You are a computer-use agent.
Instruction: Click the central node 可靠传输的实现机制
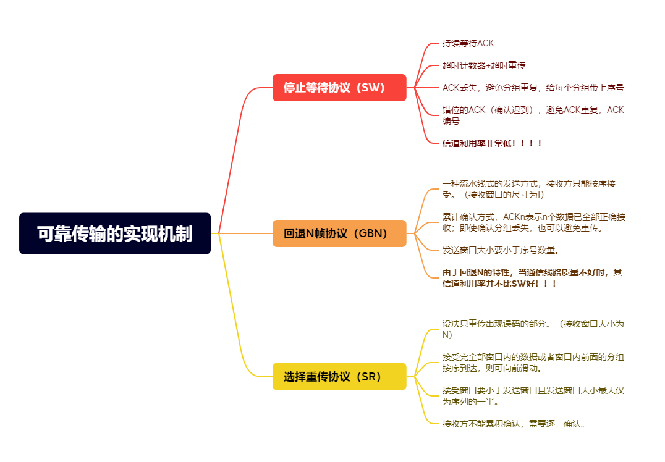(115, 233)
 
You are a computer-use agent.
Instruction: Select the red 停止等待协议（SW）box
(339, 88)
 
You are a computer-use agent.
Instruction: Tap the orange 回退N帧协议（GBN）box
(339, 233)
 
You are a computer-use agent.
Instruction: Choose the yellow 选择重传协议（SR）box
(339, 376)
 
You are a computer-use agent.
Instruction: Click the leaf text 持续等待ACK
(468, 43)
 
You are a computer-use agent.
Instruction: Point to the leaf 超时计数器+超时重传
(484, 65)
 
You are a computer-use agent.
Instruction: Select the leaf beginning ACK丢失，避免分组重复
(533, 88)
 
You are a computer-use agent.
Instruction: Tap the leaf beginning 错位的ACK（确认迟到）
(533, 115)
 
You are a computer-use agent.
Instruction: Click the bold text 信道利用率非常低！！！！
(493, 143)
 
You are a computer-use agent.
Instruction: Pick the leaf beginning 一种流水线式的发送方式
(528, 189)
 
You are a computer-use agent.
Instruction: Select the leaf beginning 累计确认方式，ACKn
(533, 222)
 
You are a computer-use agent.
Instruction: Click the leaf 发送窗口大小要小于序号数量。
(501, 250)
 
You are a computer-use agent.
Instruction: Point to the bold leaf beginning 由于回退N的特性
(532, 278)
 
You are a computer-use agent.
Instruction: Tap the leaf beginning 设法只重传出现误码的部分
(533, 329)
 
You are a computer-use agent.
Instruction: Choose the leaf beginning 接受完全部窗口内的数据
(533, 363)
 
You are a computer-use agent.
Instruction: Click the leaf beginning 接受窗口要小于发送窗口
(533, 396)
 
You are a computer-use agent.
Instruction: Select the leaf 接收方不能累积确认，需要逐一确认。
(514, 424)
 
